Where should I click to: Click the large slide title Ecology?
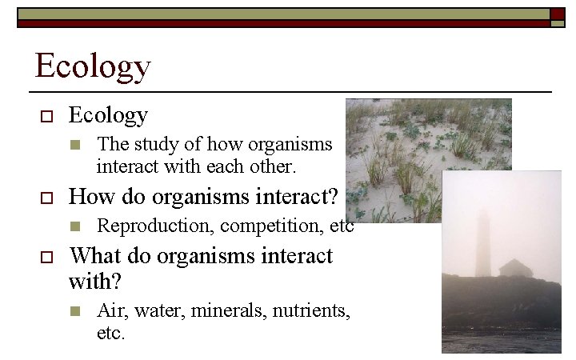(x=92, y=66)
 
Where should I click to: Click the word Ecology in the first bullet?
(x=108, y=116)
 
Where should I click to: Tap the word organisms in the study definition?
(x=293, y=145)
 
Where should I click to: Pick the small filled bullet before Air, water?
(x=75, y=311)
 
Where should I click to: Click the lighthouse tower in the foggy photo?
(x=482, y=244)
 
